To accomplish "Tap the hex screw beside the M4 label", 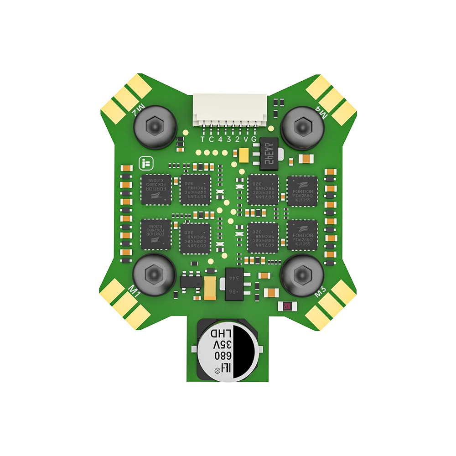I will (x=301, y=124).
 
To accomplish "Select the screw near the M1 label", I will (x=154, y=274).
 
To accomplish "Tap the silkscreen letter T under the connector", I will (x=203, y=139).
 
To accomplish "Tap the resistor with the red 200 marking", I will (x=287, y=306).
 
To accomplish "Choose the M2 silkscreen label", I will (x=135, y=110).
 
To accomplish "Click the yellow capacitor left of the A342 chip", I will (x=244, y=155).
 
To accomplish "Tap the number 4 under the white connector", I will (x=220, y=139).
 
